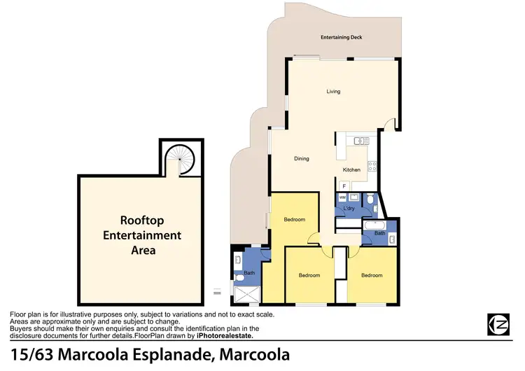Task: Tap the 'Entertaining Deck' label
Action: coord(341,37)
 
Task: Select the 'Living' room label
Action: coord(333,91)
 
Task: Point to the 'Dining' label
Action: coord(302,159)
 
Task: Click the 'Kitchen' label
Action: coord(351,170)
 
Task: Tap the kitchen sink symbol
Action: coord(361,141)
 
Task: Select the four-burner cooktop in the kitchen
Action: coord(372,167)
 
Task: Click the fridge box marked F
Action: coord(344,186)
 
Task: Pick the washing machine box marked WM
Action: coord(343,197)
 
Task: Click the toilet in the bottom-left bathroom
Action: coord(240,278)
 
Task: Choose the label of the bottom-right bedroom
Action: coord(372,275)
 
